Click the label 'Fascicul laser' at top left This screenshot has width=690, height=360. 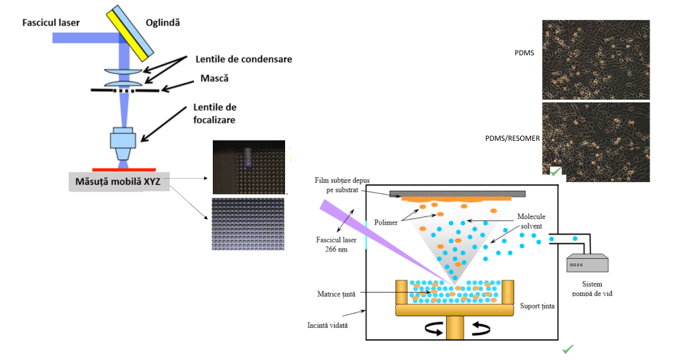click(51, 23)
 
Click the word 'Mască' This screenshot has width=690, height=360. click(214, 79)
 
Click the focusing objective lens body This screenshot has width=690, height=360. click(123, 138)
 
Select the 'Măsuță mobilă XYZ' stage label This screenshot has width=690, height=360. click(119, 181)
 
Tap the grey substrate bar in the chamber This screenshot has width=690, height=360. click(457, 193)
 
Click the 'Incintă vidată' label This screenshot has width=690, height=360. click(329, 325)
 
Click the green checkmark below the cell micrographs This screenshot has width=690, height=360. click(556, 173)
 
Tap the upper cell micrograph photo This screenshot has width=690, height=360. click(596, 59)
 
